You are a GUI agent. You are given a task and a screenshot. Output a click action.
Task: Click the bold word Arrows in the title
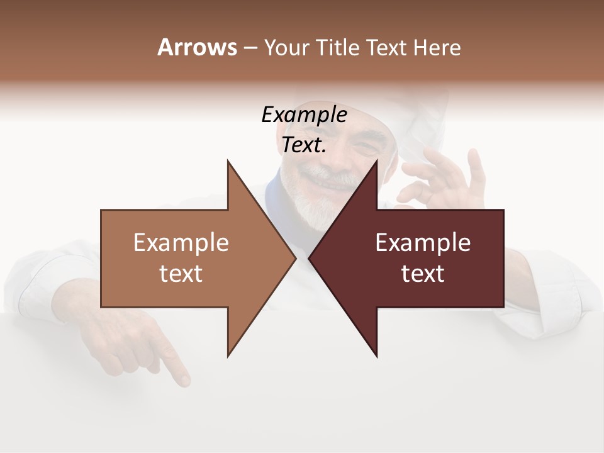(x=197, y=47)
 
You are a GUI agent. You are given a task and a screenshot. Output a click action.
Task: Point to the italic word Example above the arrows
(x=304, y=115)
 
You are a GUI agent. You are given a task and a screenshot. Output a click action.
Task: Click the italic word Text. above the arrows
(x=304, y=145)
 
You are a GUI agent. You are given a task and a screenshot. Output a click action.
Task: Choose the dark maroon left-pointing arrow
(x=440, y=289)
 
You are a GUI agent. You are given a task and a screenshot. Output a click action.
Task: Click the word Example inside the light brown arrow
(x=181, y=243)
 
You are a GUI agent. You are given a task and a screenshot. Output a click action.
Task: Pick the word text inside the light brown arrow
(x=181, y=274)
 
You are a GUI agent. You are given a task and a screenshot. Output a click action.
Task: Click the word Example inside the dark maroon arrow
(x=423, y=243)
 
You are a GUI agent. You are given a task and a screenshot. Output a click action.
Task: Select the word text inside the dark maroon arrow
(x=423, y=274)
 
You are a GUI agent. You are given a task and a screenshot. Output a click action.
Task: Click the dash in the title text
(x=250, y=48)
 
